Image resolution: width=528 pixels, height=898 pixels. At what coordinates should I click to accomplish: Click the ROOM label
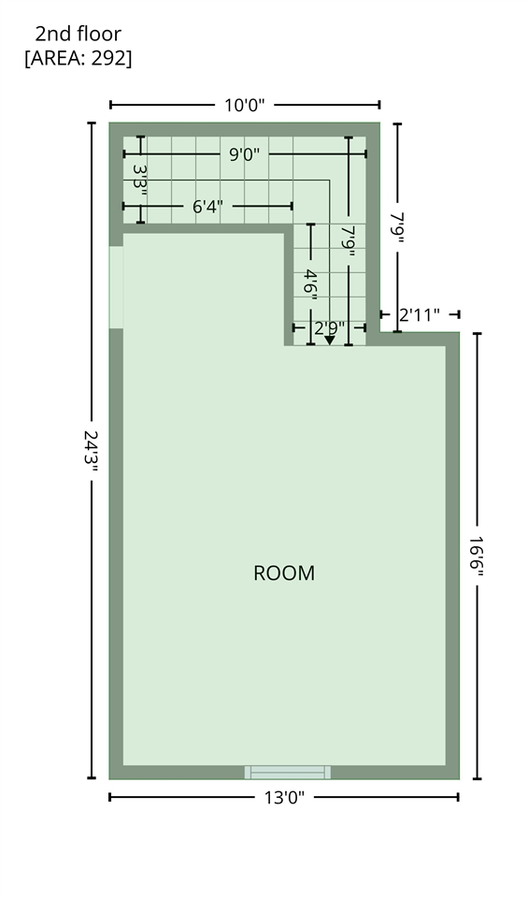coord(284,573)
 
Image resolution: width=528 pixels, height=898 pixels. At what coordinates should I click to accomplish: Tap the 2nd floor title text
coord(78,34)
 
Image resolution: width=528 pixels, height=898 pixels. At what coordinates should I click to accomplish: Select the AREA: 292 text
coord(78,58)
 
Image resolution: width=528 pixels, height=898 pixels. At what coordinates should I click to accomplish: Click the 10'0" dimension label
coord(244,106)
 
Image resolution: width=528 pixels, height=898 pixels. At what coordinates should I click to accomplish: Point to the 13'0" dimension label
coord(284,797)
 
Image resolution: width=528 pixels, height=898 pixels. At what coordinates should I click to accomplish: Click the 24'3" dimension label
coord(92,451)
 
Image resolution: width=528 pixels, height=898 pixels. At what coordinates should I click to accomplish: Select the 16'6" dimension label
coord(477,556)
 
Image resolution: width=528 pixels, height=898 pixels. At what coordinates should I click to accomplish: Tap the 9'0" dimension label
coord(244,154)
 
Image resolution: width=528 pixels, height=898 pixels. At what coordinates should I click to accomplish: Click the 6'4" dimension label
coord(207,206)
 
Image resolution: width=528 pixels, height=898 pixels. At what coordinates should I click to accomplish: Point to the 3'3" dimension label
coord(140,180)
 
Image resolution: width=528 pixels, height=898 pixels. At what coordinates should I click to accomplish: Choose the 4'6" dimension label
coord(310,283)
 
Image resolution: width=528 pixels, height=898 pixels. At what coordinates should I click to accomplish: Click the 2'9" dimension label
coord(330,328)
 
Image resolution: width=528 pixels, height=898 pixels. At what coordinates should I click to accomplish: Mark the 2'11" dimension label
coord(420,315)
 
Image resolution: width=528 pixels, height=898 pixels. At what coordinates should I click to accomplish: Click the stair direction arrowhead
coord(330,340)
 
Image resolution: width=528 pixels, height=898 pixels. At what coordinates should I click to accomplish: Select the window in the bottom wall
coord(288,773)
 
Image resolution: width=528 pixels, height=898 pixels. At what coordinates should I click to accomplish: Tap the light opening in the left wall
coord(116,287)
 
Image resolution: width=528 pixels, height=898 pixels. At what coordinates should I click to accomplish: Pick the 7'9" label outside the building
coord(397,228)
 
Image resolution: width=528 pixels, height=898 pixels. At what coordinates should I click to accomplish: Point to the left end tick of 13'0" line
coord(110,797)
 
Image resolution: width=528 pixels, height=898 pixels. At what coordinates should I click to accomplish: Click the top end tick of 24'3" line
coord(92,123)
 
